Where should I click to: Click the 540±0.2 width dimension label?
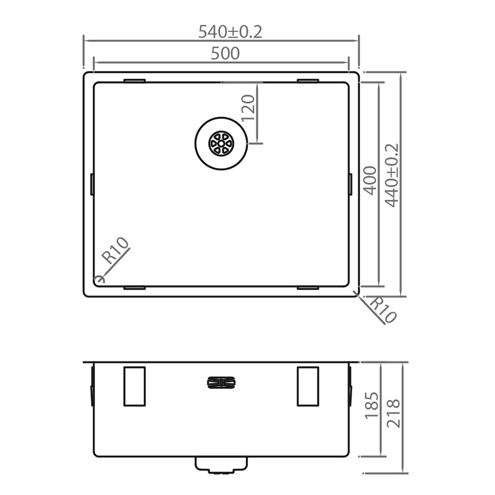230,32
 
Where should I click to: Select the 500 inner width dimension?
225,54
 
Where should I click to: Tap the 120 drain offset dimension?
248,108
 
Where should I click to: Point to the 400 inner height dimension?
369,180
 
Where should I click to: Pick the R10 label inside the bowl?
116,251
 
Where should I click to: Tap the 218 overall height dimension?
393,413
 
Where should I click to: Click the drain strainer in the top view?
221,144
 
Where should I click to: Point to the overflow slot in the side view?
222,383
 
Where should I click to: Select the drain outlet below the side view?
221,465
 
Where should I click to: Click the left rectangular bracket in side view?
135,386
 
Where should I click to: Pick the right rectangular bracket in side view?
308,386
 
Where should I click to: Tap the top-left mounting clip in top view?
135,81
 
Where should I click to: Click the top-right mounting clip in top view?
308,81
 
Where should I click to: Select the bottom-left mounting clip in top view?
135,288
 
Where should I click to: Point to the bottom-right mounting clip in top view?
308,288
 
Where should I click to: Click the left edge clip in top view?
92,184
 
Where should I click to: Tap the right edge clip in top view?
350,184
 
